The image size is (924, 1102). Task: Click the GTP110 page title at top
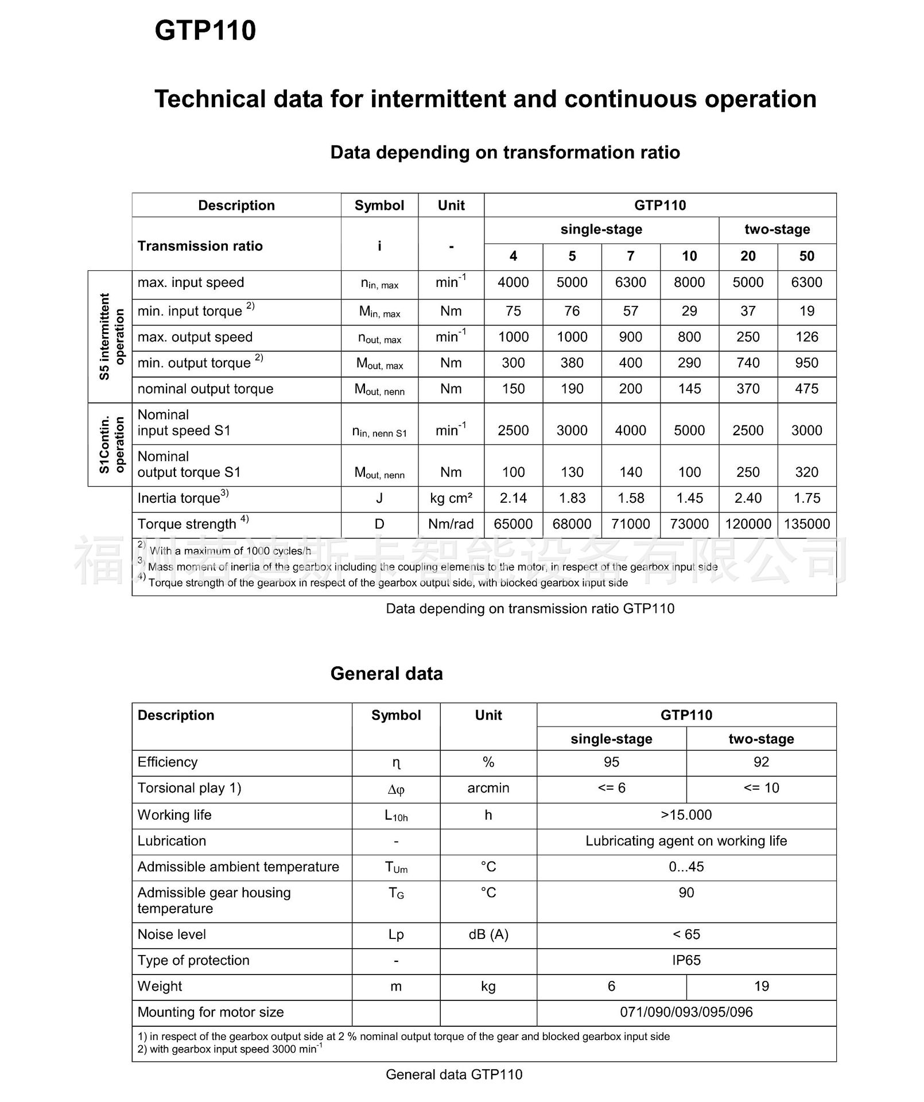(x=205, y=30)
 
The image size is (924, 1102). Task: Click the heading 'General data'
(x=386, y=673)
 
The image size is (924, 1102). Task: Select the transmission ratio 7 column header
(x=630, y=256)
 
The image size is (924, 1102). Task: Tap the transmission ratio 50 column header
(x=806, y=256)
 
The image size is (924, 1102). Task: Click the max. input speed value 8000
(x=689, y=282)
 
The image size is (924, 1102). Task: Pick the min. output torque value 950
(x=806, y=363)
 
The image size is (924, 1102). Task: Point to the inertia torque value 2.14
(x=513, y=498)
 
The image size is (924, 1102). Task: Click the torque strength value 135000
(x=806, y=524)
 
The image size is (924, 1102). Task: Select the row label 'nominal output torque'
(x=205, y=389)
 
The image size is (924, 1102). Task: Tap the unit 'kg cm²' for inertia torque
(x=451, y=498)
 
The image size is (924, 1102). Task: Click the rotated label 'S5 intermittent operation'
(x=111, y=336)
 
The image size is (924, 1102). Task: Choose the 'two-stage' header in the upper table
(x=777, y=230)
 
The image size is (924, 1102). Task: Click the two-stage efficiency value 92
(x=761, y=762)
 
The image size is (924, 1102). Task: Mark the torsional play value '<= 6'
(x=611, y=788)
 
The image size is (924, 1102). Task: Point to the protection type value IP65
(x=686, y=960)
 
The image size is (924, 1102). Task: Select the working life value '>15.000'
(x=686, y=815)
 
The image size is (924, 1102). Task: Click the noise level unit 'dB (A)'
(x=488, y=934)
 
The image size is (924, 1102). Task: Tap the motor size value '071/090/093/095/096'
(x=686, y=1012)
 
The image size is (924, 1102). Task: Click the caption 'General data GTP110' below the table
(x=454, y=1074)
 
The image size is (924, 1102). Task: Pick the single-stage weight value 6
(x=611, y=986)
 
